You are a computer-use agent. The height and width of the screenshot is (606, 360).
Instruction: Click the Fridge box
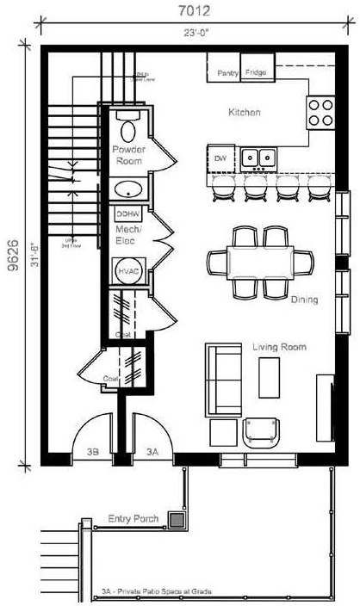click(x=255, y=72)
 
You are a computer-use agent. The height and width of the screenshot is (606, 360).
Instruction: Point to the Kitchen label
click(x=244, y=113)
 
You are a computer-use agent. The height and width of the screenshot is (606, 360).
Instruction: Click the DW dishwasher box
click(x=220, y=158)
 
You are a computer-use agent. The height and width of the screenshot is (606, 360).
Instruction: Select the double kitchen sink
click(x=258, y=158)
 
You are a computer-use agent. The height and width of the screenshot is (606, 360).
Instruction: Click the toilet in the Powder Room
click(x=129, y=129)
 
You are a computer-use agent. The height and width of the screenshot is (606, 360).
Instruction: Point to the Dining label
click(x=304, y=300)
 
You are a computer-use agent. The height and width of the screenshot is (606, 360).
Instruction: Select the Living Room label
click(x=280, y=347)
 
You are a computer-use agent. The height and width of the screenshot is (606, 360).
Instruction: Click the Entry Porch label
click(x=130, y=518)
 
